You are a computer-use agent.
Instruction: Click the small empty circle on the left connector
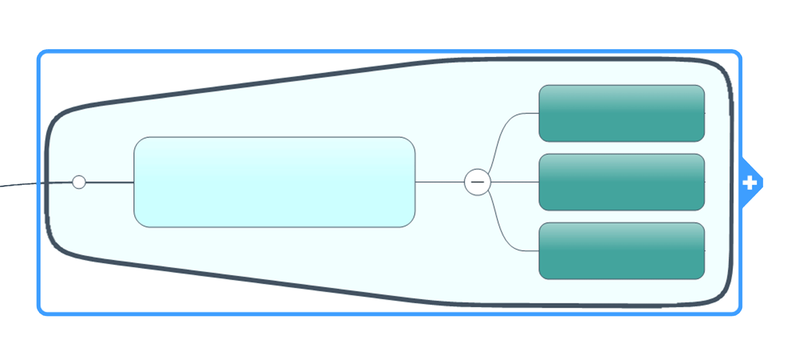tap(79, 182)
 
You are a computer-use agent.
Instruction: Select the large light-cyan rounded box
tap(274, 182)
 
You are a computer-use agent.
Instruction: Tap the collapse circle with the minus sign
tap(477, 182)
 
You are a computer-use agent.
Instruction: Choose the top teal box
tap(621, 113)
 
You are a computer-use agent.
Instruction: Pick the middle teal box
tap(621, 182)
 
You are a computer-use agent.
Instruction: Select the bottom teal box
tap(621, 251)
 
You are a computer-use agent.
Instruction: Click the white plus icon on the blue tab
tap(750, 183)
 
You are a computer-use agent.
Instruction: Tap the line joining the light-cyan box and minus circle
tap(440, 182)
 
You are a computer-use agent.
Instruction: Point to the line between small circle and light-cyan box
tap(109, 182)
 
